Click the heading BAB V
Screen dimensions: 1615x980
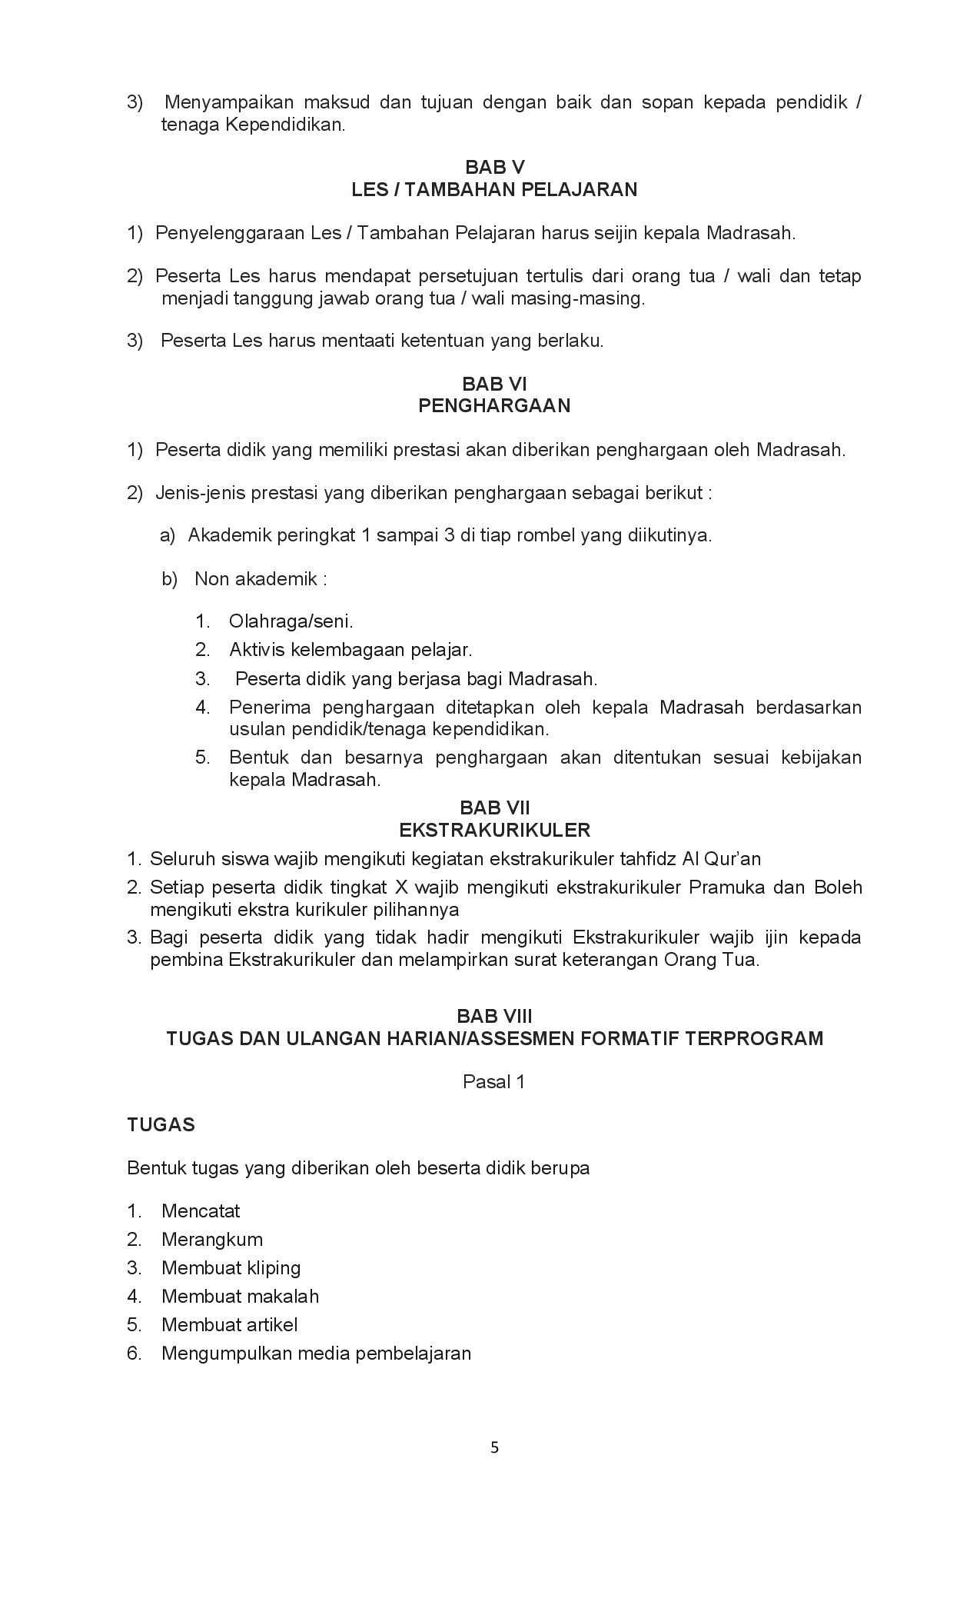pyautogui.click(x=494, y=168)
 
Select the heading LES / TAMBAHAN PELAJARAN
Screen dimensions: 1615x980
pyautogui.click(x=494, y=190)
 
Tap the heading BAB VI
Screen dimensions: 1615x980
pyautogui.click(x=494, y=384)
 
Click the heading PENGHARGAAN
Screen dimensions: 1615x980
pyautogui.click(x=494, y=406)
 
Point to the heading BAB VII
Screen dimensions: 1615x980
pyautogui.click(x=494, y=808)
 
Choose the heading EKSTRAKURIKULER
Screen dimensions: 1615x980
pyautogui.click(x=494, y=831)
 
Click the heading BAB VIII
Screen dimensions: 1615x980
pyautogui.click(x=494, y=1017)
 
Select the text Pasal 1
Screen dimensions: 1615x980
pyautogui.click(x=493, y=1082)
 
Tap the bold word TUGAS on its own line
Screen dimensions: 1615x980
pyautogui.click(x=161, y=1125)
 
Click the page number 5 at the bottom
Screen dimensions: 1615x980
pyautogui.click(x=494, y=1448)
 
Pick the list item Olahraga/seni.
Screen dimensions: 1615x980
pyautogui.click(x=291, y=621)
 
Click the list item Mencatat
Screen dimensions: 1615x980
pyautogui.click(x=201, y=1211)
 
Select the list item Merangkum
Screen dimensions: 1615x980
pyautogui.click(x=212, y=1240)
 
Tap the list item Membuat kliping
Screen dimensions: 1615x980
pyautogui.click(x=231, y=1268)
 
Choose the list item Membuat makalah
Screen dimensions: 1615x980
pyautogui.click(x=240, y=1297)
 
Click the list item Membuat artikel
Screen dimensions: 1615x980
pyautogui.click(x=229, y=1325)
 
